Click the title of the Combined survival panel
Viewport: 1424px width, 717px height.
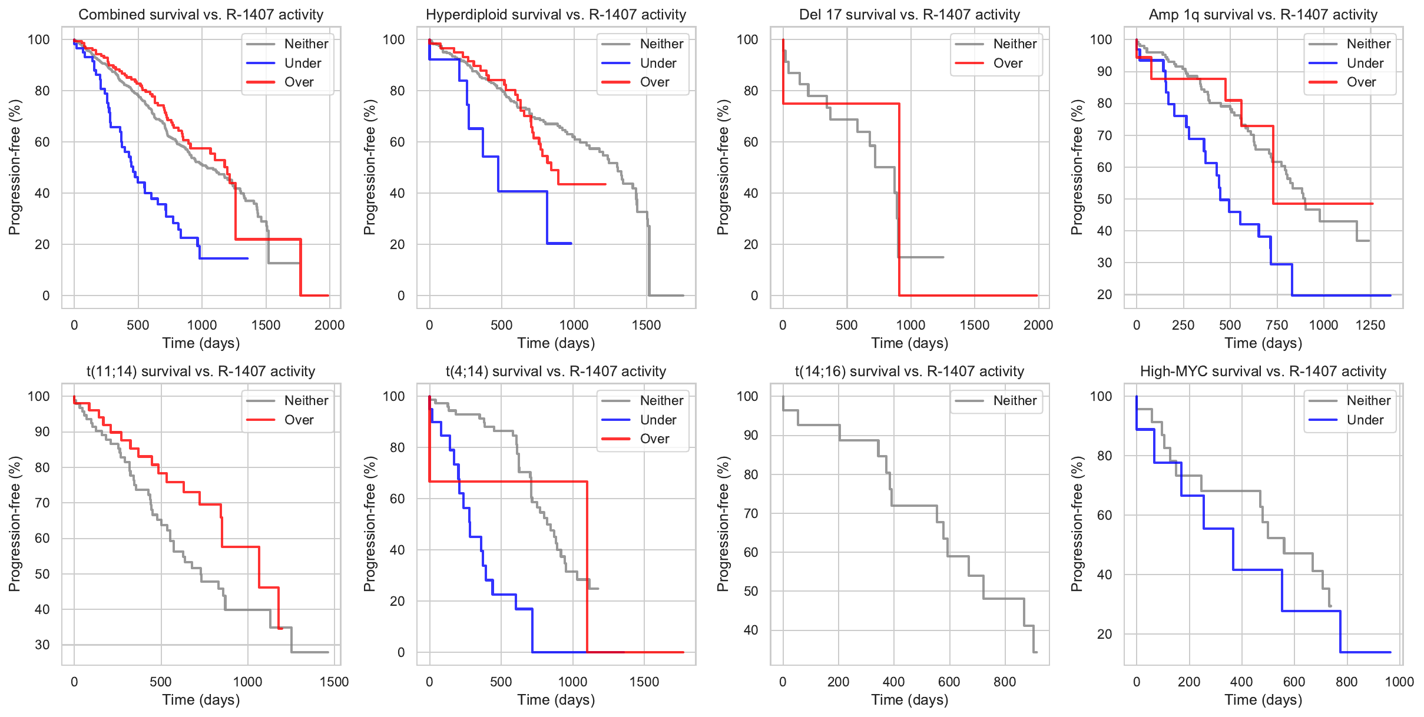[201, 15]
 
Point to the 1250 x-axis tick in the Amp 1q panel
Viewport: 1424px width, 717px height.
[1370, 325]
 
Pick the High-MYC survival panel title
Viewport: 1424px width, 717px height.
[1263, 371]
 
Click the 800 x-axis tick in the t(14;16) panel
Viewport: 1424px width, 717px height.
[1004, 682]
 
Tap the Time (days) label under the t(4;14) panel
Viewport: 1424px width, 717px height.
[556, 700]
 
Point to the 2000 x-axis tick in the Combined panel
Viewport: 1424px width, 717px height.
[329, 325]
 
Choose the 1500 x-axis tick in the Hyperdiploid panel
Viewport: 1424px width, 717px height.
[646, 325]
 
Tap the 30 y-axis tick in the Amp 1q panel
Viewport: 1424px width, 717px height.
[1101, 263]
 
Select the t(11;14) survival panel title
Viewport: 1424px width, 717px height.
[201, 371]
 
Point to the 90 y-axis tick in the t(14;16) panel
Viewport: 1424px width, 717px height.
[749, 436]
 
